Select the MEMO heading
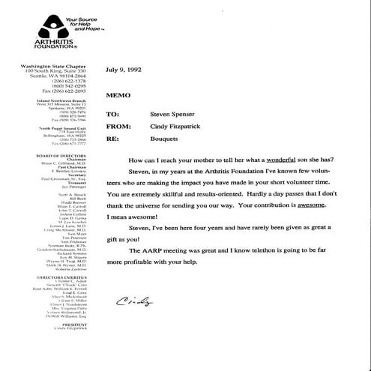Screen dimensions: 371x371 [118, 97]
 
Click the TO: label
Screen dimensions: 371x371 [113, 115]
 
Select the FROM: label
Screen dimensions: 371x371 [118, 127]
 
